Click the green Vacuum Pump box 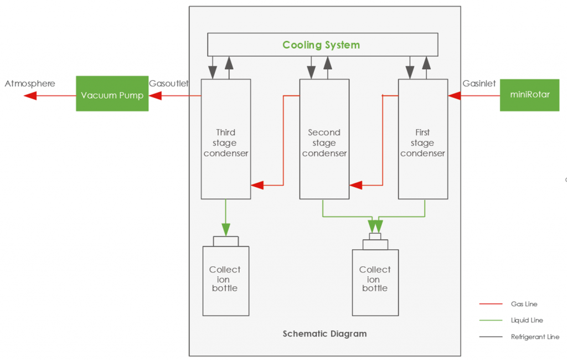coord(112,95)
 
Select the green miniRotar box coord(530,95)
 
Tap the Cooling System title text coord(321,45)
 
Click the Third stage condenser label coord(225,143)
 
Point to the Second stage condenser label coord(324,143)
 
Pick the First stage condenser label coord(422,143)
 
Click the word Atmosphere coord(30,84)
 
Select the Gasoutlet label coord(169,84)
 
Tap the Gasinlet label coord(479,84)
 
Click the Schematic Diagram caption coord(324,333)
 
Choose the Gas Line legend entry coord(524,304)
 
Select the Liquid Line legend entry coord(527,320)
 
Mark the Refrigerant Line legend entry coord(534,337)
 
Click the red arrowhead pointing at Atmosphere coord(30,96)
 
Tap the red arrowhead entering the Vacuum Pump coord(154,96)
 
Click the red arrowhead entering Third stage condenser coord(257,185)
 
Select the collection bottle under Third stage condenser coord(225,280)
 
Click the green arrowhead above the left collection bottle coord(226,229)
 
